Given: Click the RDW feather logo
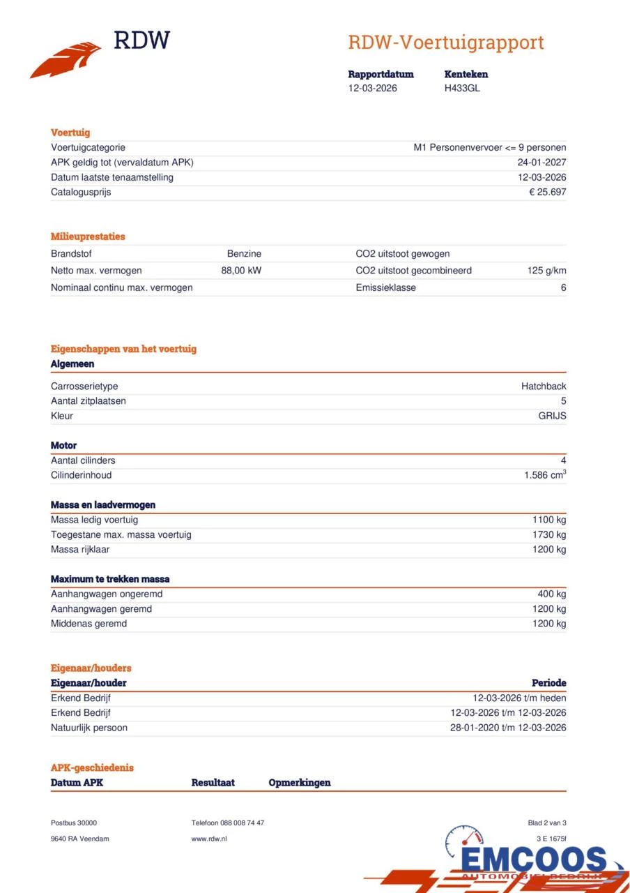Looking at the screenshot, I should coord(66,61).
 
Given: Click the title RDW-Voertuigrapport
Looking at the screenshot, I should coord(445,43).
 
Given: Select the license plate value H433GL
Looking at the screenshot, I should coord(462,88).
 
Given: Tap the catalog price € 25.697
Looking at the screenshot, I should coord(547,192).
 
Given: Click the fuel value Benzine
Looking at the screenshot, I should coord(244,254).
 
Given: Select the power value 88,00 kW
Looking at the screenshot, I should coord(241,271).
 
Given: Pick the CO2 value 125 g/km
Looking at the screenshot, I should coord(546,271).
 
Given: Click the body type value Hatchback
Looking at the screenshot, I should coord(544,387).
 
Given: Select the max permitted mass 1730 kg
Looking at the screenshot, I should coord(549,534).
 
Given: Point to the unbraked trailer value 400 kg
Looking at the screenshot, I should coord(551,594).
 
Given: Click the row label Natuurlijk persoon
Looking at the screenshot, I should coord(89,728).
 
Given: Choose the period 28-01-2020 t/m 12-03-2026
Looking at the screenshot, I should coord(508,728).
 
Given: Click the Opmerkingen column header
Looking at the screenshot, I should coord(300,783).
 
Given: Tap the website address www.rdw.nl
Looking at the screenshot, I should coord(209,839).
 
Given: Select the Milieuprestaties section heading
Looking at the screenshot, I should coord(88,237).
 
